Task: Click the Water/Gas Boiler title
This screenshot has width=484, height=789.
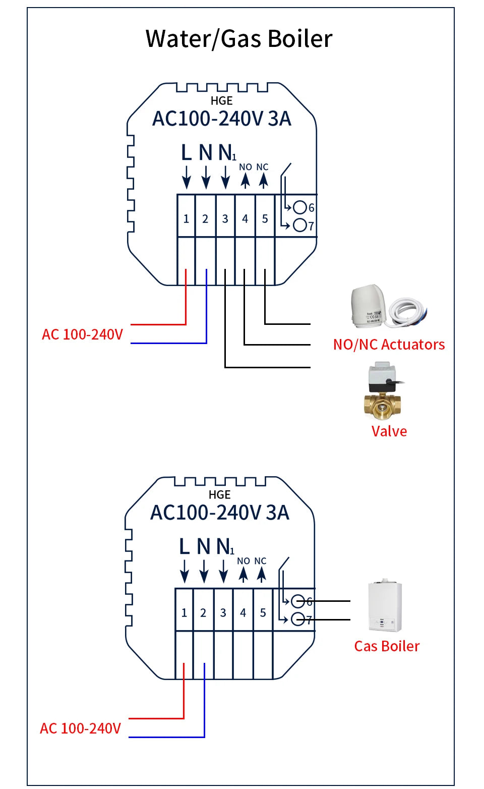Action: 239,39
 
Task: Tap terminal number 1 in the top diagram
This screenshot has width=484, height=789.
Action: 186,219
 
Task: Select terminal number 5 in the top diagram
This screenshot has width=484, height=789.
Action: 265,219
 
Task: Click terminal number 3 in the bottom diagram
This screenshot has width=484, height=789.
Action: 223,613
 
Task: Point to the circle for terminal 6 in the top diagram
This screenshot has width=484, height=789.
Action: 300,207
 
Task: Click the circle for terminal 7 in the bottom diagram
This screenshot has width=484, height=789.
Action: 298,619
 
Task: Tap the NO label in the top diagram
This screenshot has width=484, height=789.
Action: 246,167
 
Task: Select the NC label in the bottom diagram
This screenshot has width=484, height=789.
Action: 260,561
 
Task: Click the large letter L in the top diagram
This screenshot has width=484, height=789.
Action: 186,152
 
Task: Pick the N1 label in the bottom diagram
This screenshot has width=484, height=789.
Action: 225,546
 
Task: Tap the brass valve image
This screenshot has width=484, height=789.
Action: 383,391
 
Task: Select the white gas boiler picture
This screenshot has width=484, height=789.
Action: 385,605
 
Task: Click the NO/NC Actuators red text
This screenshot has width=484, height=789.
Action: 389,345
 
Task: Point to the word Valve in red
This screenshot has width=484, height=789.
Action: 389,431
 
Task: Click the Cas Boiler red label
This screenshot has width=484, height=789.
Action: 387,646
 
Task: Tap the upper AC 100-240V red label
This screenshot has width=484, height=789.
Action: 82,334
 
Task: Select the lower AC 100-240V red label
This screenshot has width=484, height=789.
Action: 80,728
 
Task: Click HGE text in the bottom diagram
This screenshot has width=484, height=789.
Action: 219,495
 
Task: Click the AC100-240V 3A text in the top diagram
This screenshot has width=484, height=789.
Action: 222,119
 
